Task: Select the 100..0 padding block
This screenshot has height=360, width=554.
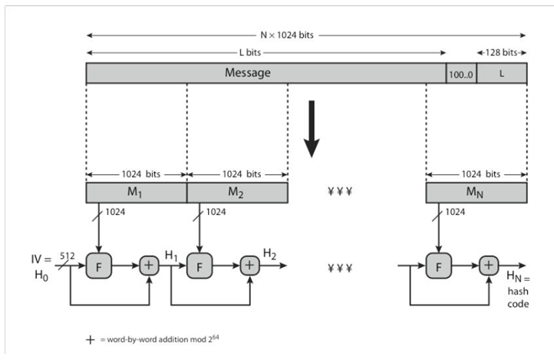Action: pyautogui.click(x=461, y=73)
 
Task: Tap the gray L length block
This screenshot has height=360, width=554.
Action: pyautogui.click(x=502, y=73)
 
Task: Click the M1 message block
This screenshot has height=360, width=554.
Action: pyautogui.click(x=136, y=192)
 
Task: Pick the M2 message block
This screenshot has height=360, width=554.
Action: pyautogui.click(x=237, y=192)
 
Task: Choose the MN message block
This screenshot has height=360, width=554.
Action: pyautogui.click(x=476, y=192)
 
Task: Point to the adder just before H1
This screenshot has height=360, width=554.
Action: pyautogui.click(x=148, y=266)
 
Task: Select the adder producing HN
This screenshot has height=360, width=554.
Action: pyautogui.click(x=487, y=266)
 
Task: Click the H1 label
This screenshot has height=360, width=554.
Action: pyautogui.click(x=173, y=254)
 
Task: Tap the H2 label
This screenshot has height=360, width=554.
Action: pyautogui.click(x=271, y=253)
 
